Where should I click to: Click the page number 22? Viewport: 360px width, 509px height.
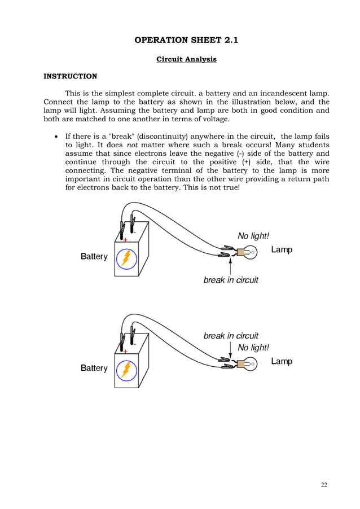[x=323, y=485]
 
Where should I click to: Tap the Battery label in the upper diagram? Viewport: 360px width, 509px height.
[x=94, y=256]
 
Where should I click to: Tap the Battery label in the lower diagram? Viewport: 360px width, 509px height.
[x=94, y=368]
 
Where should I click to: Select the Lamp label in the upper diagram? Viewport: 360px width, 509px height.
[x=282, y=249]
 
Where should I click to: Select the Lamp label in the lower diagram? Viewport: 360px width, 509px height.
[x=282, y=361]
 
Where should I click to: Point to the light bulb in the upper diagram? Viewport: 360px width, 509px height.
[x=249, y=252]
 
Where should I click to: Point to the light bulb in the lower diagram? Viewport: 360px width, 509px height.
[x=249, y=364]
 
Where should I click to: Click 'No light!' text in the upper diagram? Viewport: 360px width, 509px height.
[x=253, y=236]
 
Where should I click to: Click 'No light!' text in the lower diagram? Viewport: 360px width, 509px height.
[x=253, y=348]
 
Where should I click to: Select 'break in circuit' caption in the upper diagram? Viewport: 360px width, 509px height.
[x=231, y=280]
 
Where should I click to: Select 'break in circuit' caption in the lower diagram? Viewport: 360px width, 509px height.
[x=231, y=336]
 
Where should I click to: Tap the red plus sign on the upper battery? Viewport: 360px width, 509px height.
[x=125, y=239]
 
